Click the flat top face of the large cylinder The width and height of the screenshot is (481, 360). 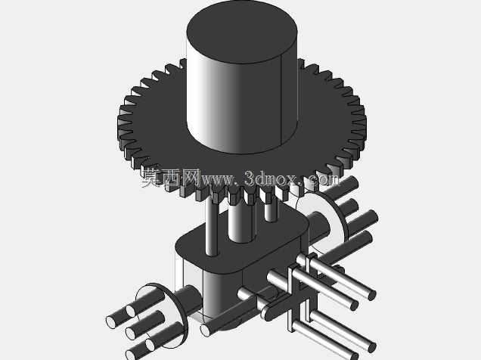click(x=242, y=32)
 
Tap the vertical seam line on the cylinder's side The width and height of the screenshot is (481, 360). click(x=282, y=101)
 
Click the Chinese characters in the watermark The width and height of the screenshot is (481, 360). click(x=171, y=178)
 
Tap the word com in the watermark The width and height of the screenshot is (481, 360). click(x=324, y=179)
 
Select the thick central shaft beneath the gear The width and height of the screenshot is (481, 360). click(x=242, y=220)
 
